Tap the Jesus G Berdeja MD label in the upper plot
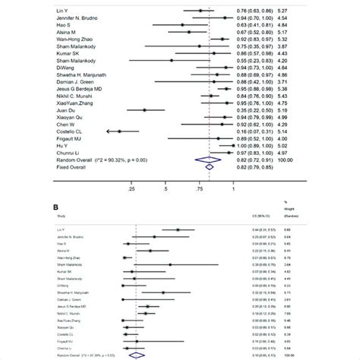tap(81, 89)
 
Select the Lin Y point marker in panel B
tap(177, 229)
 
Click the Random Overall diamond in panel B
tap(137, 355)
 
